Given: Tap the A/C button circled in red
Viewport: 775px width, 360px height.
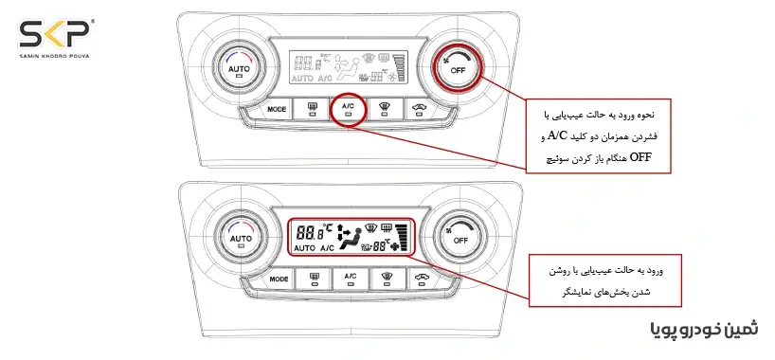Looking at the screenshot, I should tap(350, 111).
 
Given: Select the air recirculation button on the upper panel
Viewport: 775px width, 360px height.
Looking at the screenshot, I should tap(420, 110).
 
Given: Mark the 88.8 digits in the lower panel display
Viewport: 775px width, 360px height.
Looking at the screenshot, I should tap(309, 230).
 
